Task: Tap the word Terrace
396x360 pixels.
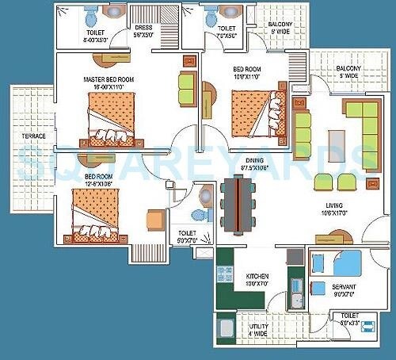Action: (x=33, y=136)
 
